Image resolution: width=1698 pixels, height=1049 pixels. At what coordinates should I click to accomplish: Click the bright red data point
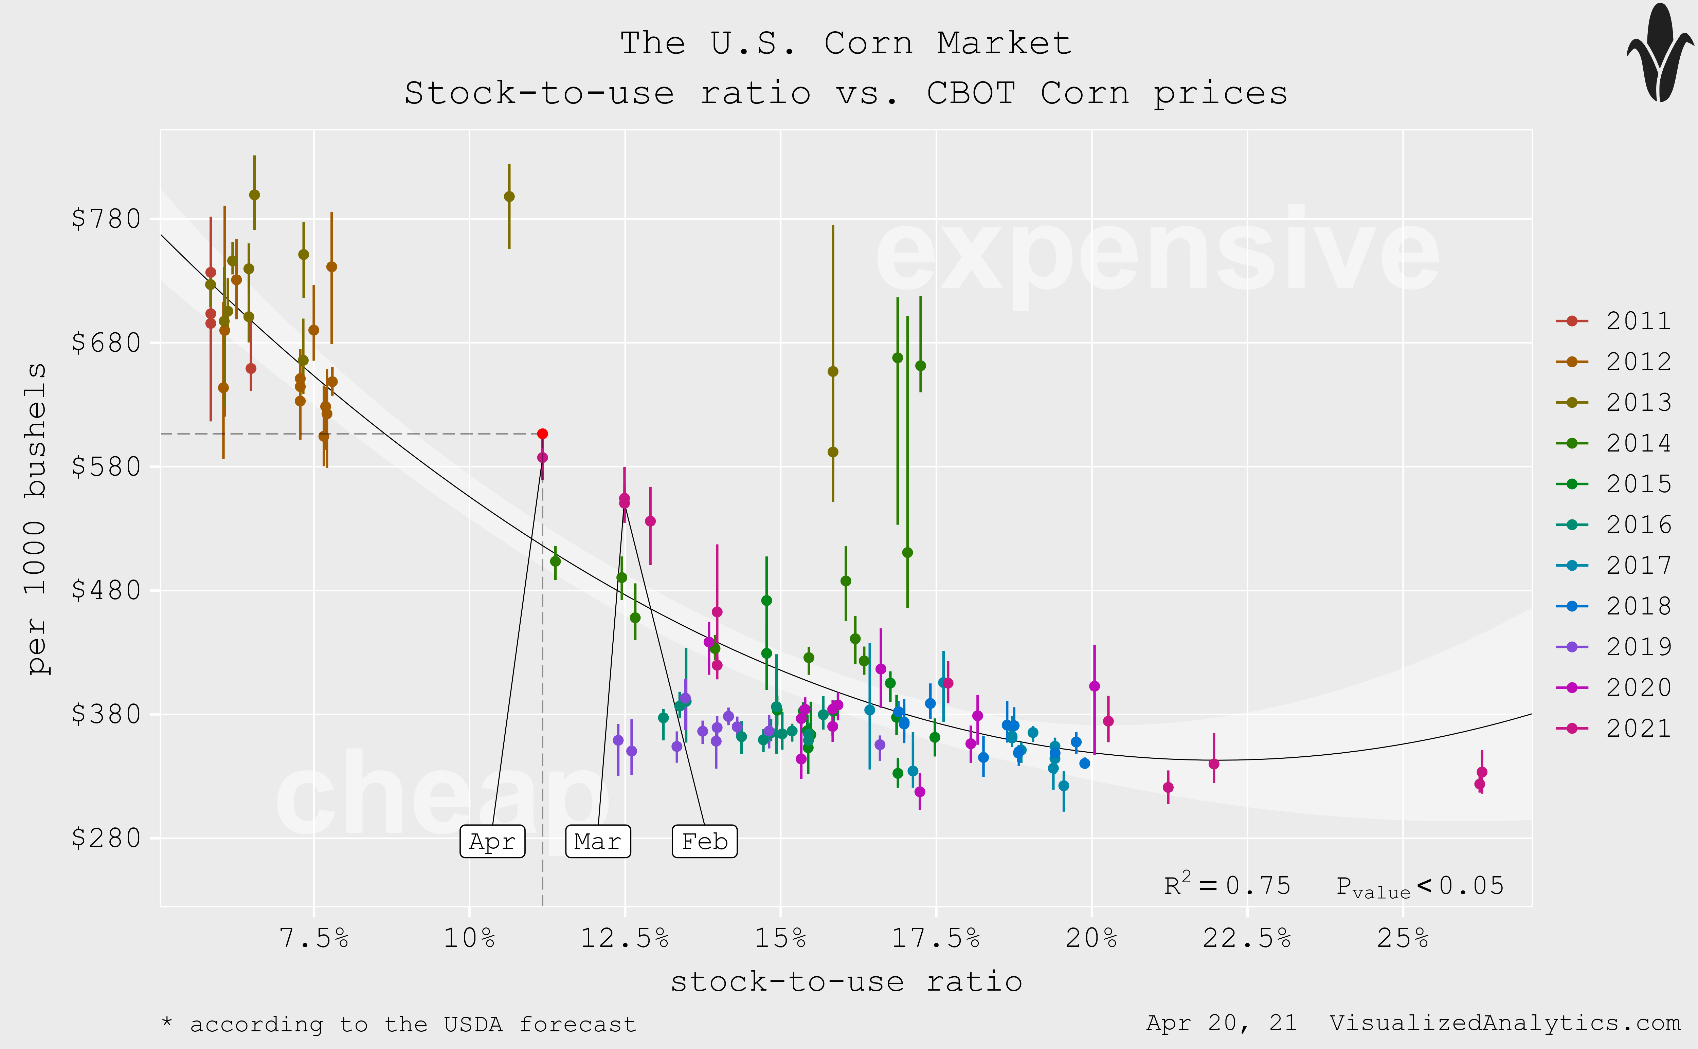(x=543, y=434)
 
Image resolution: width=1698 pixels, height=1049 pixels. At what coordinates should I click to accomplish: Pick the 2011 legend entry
(x=1613, y=320)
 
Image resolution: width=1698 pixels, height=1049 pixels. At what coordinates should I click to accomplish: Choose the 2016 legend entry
(x=1613, y=524)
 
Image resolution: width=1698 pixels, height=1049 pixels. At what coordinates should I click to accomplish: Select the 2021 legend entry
(x=1613, y=728)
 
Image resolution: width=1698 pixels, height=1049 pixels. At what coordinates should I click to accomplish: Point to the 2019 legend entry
(x=1613, y=647)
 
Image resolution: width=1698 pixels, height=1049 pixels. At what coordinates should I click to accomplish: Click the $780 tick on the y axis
(x=106, y=219)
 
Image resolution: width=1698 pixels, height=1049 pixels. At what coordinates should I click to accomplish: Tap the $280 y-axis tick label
(x=106, y=838)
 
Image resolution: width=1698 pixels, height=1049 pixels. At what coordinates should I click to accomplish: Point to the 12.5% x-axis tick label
(x=625, y=938)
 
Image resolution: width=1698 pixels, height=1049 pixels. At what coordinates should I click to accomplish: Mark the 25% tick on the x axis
(x=1403, y=938)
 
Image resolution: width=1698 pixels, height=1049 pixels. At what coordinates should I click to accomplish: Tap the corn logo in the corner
(x=1660, y=54)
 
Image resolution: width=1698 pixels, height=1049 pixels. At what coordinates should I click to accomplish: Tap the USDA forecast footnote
(x=399, y=1024)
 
